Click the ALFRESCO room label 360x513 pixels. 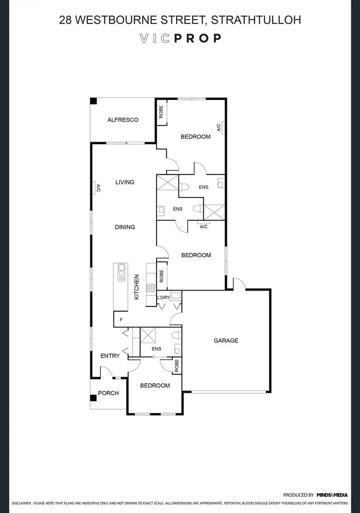122,120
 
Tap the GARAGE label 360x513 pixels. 226,341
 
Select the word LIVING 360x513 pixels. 125,182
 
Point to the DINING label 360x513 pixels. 125,227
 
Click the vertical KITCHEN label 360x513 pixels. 136,287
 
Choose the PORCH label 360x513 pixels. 108,393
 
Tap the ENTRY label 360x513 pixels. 109,356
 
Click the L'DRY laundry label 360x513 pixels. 164,298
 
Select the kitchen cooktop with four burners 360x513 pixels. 150,288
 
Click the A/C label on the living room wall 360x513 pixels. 98,188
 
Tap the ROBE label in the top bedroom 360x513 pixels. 161,113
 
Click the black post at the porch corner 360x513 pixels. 93,398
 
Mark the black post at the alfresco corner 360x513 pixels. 94,101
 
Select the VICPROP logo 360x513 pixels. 180,38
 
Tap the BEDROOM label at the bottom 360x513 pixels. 155,386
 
